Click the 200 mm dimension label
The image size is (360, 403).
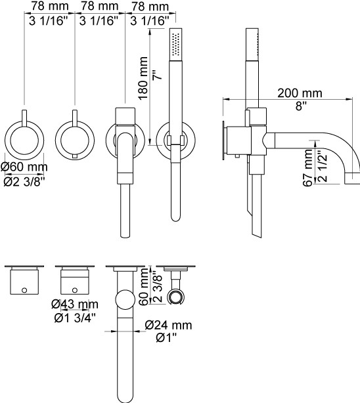pos(300,93)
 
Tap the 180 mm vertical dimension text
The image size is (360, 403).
pos(143,78)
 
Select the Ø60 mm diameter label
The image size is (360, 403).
pos(24,167)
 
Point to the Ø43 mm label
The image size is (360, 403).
pos(75,305)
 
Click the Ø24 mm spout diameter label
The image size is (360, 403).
pos(168,325)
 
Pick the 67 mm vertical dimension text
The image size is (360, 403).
pos(307,167)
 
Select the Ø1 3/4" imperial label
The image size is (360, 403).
pos(75,318)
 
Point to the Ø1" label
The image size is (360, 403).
pos(167,338)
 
